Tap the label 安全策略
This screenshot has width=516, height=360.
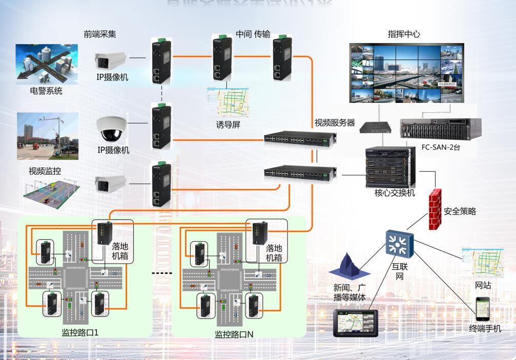pyautogui.click(x=460, y=211)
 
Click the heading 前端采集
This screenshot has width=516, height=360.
pyautogui.click(x=100, y=34)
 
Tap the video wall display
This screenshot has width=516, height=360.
pyautogui.click(x=406, y=72)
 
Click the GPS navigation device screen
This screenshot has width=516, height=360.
pyautogui.click(x=357, y=322)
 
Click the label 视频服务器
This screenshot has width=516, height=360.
pyautogui.click(x=335, y=123)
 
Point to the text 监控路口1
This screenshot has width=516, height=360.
pyautogui.click(x=80, y=333)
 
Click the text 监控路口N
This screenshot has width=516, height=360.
pyautogui.click(x=234, y=334)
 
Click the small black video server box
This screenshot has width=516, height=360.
pyautogui.click(x=374, y=126)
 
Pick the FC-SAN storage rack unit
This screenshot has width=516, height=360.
pyautogui.click(x=441, y=129)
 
